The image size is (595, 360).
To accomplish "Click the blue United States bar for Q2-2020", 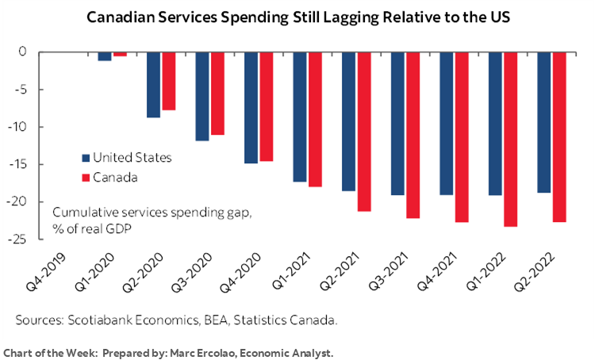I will pyautogui.click(x=153, y=84).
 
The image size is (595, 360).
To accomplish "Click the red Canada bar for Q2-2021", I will pyautogui.click(x=364, y=132).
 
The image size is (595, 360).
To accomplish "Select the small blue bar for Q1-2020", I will pyautogui.click(x=104, y=56).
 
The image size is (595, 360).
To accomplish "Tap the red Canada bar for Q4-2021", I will pyautogui.click(x=463, y=136).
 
